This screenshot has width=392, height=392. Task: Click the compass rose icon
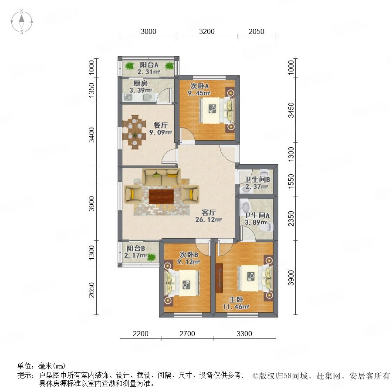click(22, 22)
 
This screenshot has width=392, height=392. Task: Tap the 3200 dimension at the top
click(207, 31)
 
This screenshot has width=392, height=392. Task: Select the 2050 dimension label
click(256, 31)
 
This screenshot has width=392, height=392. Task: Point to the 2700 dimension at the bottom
click(187, 334)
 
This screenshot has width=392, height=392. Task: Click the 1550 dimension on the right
click(291, 182)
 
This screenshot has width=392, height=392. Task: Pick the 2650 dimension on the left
click(92, 290)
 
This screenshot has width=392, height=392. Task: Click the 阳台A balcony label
click(149, 65)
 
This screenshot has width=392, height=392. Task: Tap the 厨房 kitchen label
click(140, 84)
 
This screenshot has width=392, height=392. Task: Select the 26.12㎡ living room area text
click(209, 220)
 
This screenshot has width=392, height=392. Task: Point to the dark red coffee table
click(162, 196)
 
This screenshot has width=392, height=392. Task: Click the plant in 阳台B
click(152, 257)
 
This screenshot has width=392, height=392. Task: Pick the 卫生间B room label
click(257, 179)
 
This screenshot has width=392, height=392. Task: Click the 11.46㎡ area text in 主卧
click(236, 307)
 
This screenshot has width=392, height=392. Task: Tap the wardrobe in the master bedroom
click(219, 278)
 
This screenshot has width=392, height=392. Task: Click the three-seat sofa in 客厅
click(161, 178)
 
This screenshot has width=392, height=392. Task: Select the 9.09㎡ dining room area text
click(160, 132)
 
